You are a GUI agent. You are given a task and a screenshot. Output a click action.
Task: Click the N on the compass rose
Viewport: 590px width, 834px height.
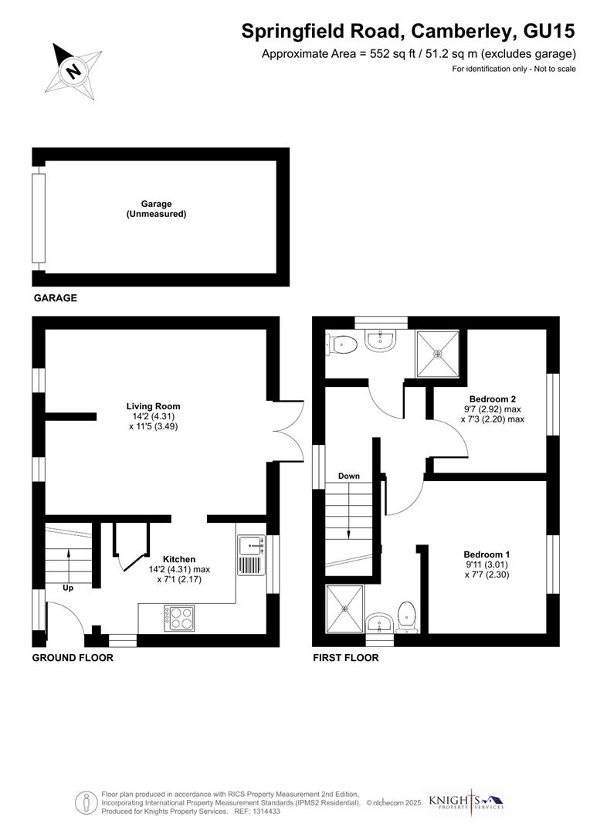click(x=74, y=71)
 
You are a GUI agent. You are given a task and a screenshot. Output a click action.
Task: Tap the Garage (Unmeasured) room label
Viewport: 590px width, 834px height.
click(x=156, y=208)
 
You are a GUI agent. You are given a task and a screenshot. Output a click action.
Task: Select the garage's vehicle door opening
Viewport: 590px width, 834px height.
click(x=38, y=218)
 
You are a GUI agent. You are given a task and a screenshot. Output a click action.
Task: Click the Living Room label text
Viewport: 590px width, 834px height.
click(x=153, y=406)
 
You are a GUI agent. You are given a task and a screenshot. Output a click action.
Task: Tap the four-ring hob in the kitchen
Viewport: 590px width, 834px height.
click(x=179, y=616)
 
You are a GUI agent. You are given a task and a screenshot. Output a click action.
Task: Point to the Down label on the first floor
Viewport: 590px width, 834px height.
click(x=349, y=476)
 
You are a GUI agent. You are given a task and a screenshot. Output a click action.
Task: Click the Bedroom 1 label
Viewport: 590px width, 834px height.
click(x=487, y=554)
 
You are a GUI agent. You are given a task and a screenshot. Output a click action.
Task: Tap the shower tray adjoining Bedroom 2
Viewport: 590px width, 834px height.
click(x=439, y=353)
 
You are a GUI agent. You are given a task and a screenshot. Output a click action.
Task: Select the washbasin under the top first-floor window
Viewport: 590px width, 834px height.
click(x=379, y=341)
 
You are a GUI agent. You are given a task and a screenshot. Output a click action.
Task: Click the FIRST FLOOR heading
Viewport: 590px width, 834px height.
click(x=345, y=658)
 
